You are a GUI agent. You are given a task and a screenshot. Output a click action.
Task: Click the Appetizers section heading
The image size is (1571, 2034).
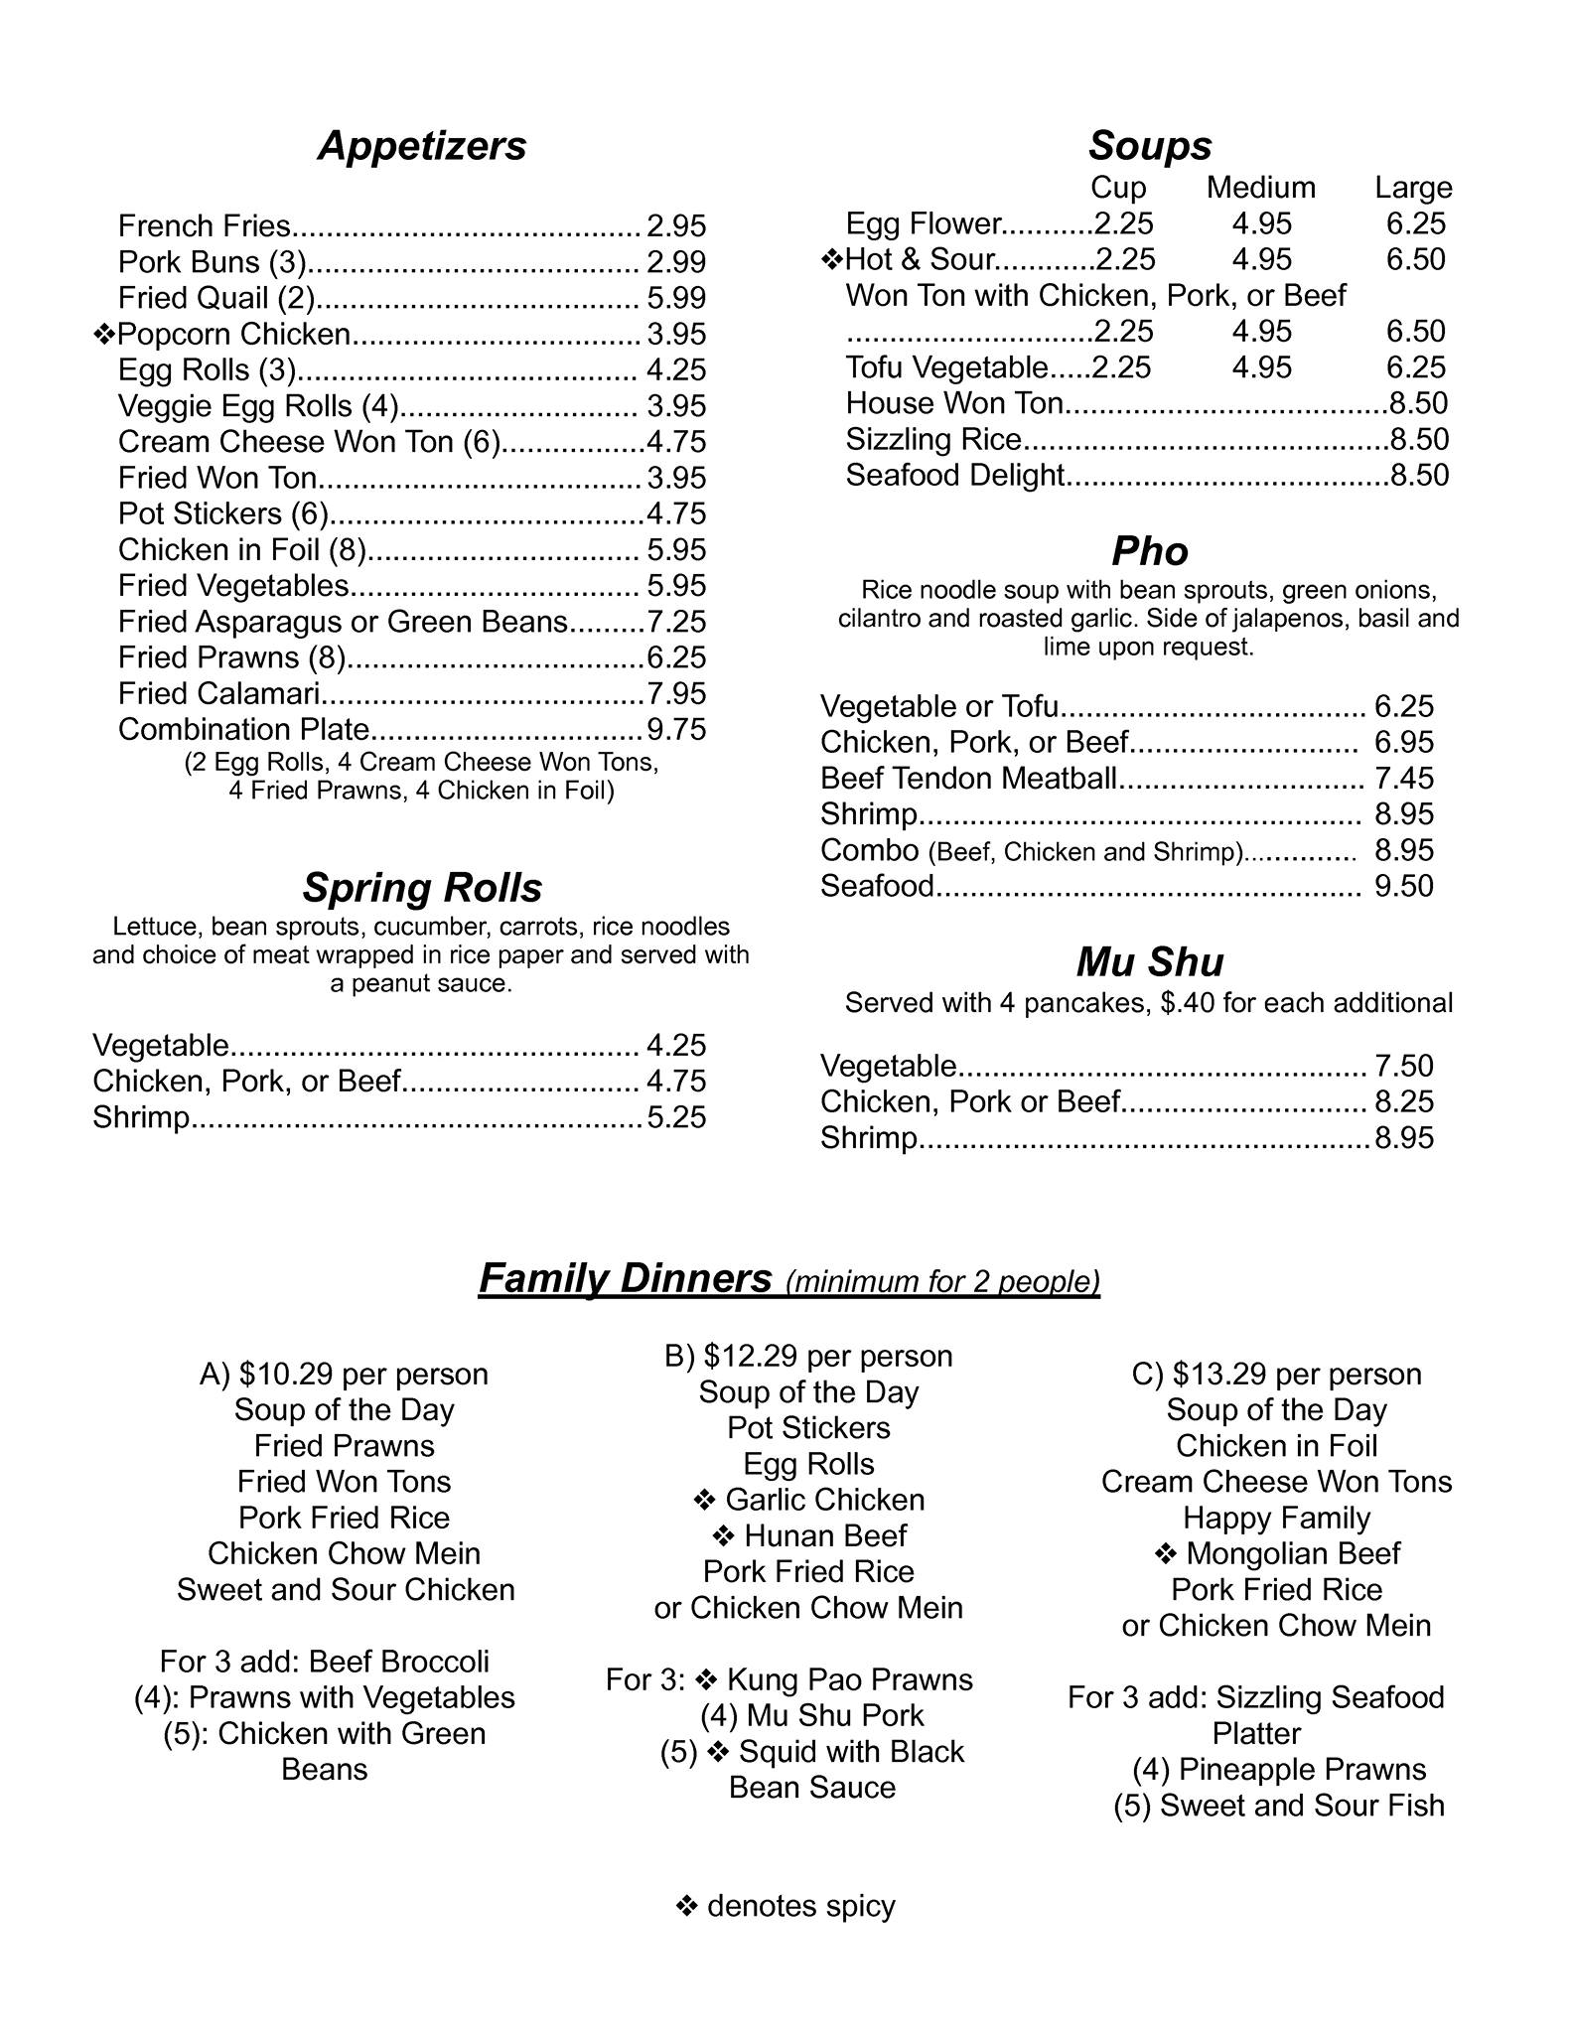coord(422,146)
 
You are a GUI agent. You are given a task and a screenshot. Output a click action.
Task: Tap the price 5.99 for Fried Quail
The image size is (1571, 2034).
coord(675,298)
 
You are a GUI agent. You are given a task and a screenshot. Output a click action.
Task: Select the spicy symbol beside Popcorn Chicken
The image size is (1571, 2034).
coord(104,335)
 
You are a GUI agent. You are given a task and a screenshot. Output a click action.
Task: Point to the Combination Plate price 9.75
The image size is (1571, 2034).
coord(676,729)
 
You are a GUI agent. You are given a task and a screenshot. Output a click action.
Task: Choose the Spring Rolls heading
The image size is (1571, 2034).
coord(422,887)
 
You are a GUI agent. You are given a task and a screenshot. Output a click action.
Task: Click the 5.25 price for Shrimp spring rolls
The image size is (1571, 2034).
coord(676,1117)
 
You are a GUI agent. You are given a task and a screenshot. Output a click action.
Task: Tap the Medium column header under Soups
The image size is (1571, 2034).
coord(1260,188)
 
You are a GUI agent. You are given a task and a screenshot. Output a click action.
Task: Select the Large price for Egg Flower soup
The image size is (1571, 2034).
coord(1415,223)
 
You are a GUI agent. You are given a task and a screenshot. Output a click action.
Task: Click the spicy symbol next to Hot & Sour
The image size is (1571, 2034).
coord(832,260)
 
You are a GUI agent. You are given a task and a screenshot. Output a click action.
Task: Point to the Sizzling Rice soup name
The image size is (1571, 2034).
coord(933,439)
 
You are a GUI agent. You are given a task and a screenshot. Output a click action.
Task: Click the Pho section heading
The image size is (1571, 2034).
coord(1149,551)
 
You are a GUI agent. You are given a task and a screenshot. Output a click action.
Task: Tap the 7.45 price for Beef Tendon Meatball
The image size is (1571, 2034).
coord(1404,779)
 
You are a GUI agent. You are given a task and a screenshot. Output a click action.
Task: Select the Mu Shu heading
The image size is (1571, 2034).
coord(1149,961)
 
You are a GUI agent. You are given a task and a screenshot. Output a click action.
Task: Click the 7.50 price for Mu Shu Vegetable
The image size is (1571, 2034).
coord(1404,1066)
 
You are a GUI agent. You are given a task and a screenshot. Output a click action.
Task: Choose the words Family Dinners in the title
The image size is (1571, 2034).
coord(625,1278)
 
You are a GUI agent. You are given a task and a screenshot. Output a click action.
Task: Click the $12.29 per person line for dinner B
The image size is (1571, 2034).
coord(808,1357)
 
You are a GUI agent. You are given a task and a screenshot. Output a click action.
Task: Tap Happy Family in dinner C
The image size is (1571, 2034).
coord(1276,1519)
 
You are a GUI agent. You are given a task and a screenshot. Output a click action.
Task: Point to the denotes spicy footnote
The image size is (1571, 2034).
coord(785,1906)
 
